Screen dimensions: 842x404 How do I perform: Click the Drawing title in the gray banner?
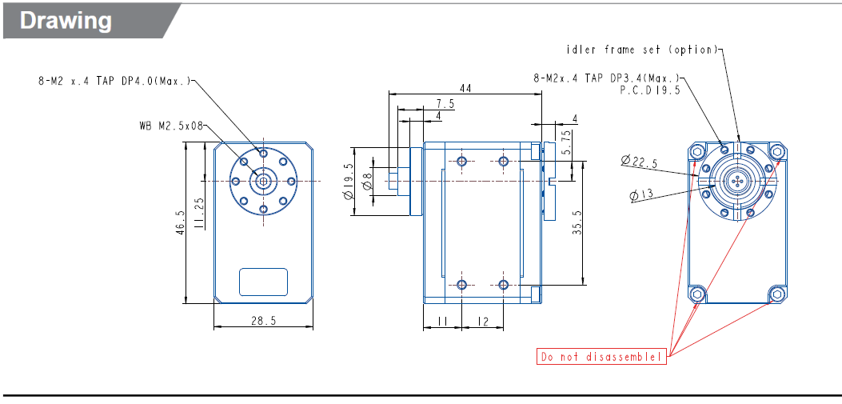[x=66, y=21]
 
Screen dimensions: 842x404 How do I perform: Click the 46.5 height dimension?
[x=181, y=222]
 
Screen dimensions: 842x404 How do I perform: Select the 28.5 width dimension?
[x=263, y=321]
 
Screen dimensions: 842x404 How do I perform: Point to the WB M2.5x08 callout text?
[x=171, y=126]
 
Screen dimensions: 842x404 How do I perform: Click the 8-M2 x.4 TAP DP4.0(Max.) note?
[x=114, y=82]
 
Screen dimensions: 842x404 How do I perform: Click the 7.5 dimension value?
[x=445, y=104]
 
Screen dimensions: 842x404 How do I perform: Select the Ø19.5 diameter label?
[x=349, y=182]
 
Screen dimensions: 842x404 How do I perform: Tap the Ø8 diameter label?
[x=368, y=182]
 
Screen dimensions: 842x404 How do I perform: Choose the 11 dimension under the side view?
[x=442, y=321]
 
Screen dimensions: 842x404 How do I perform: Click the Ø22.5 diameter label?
[x=638, y=162]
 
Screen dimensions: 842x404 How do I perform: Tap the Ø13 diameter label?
[x=642, y=195]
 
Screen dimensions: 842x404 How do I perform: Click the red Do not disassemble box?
[x=601, y=357]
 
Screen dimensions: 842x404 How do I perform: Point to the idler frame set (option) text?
[x=642, y=50]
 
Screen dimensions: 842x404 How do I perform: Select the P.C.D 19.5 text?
[x=650, y=90]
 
